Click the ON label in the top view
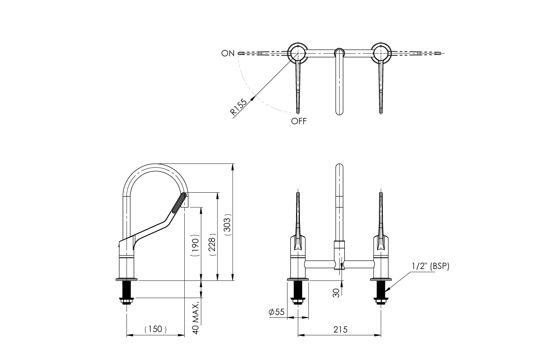click(227, 53)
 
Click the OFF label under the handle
click(299, 121)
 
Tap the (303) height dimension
click(227, 226)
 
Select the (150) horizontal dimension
click(155, 329)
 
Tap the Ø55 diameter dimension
click(276, 312)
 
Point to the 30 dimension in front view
click(336, 293)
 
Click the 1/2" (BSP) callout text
click(430, 266)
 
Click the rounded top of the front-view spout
click(339, 167)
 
